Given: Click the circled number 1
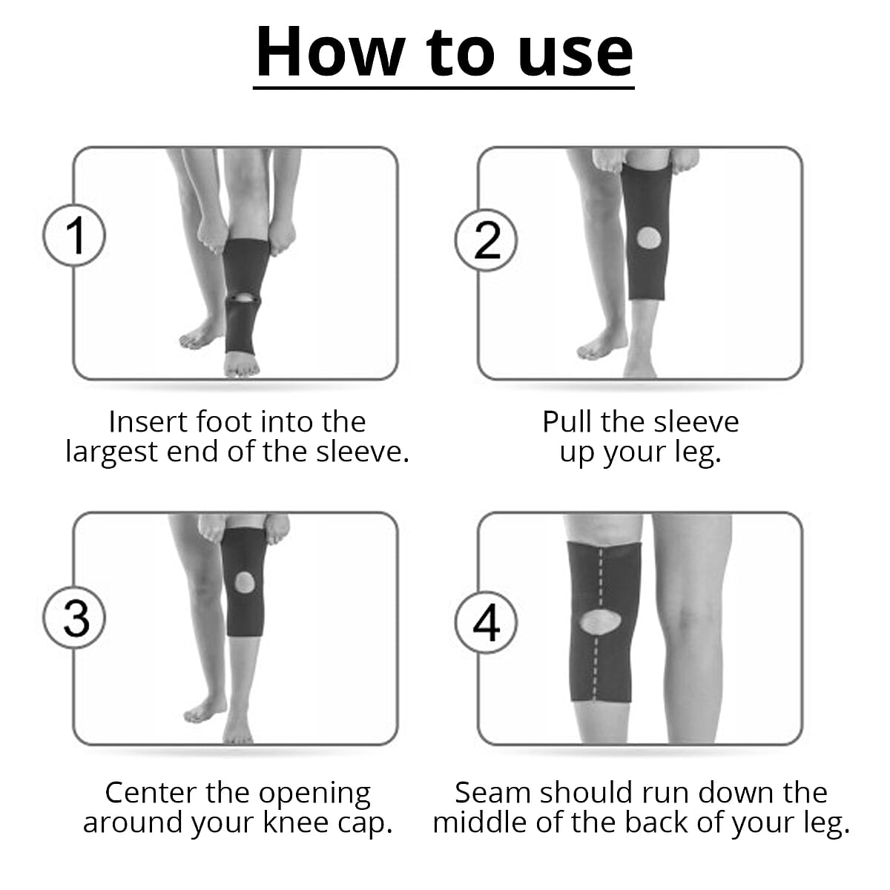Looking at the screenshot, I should [74, 236].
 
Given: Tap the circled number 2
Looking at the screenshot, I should [486, 240].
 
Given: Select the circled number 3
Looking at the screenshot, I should [74, 618].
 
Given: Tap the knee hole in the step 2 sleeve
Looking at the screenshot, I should [648, 238].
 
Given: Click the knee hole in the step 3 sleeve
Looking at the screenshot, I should [245, 583].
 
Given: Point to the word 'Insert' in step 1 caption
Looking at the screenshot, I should [148, 422].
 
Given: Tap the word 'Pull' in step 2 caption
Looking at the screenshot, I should [568, 422].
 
